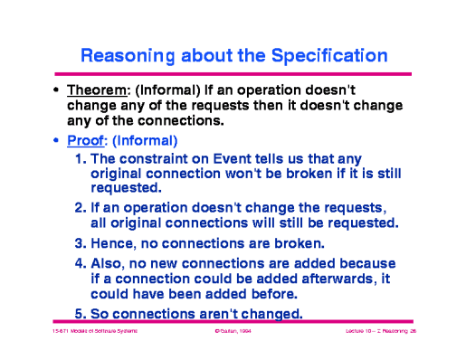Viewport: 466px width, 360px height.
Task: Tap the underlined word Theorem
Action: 99,90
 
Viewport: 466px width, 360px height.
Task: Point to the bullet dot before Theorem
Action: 57,91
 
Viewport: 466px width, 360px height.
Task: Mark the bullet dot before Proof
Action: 57,142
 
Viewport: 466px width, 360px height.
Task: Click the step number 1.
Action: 81,157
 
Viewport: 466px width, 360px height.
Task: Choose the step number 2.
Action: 81,206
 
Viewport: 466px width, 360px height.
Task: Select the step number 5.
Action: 81,313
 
